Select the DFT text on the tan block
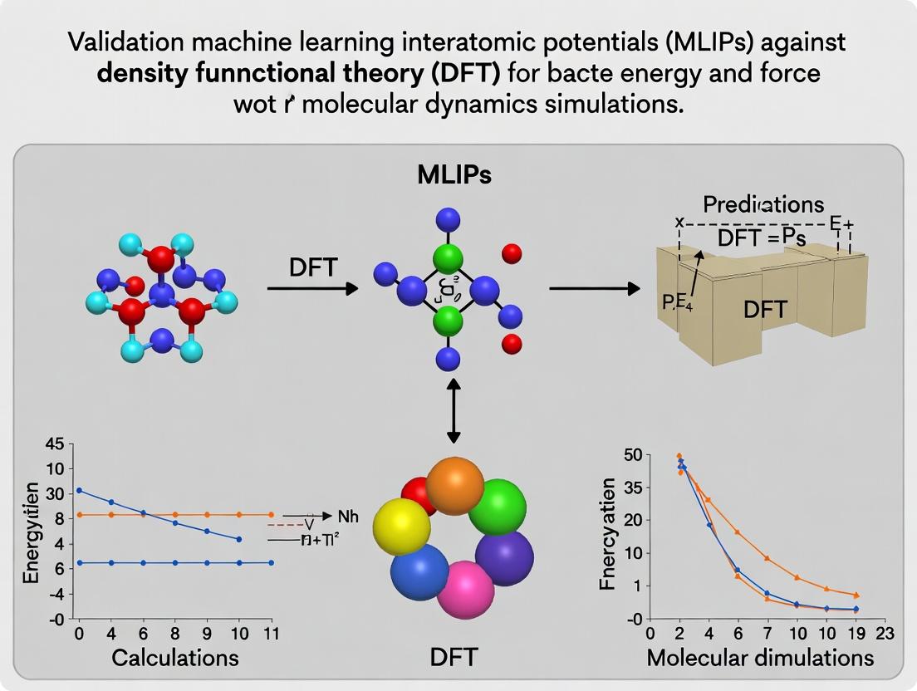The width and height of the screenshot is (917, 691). [x=765, y=310]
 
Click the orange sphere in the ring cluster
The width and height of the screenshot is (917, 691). [x=454, y=487]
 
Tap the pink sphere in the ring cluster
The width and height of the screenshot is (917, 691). [x=465, y=589]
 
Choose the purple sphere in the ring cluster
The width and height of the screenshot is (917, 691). [x=504, y=558]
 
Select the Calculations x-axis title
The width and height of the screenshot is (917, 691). [x=175, y=657]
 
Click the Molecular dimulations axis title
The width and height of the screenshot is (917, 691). [x=760, y=657]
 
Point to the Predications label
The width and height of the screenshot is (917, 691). [x=763, y=204]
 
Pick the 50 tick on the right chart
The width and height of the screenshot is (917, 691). [x=633, y=454]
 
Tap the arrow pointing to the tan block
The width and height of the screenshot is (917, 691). [x=594, y=289]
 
